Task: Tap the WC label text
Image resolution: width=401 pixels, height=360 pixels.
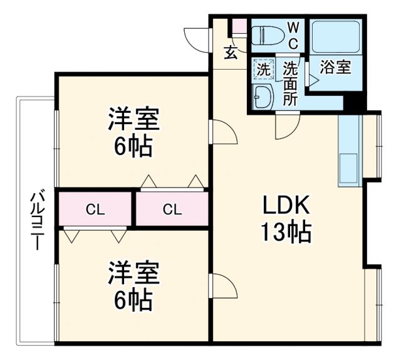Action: [x=293, y=34]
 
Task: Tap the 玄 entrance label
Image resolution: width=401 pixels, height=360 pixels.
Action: [x=231, y=53]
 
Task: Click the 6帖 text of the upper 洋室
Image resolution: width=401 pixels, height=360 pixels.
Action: [x=133, y=147]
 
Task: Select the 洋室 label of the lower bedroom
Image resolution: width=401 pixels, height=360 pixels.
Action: [x=133, y=274]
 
